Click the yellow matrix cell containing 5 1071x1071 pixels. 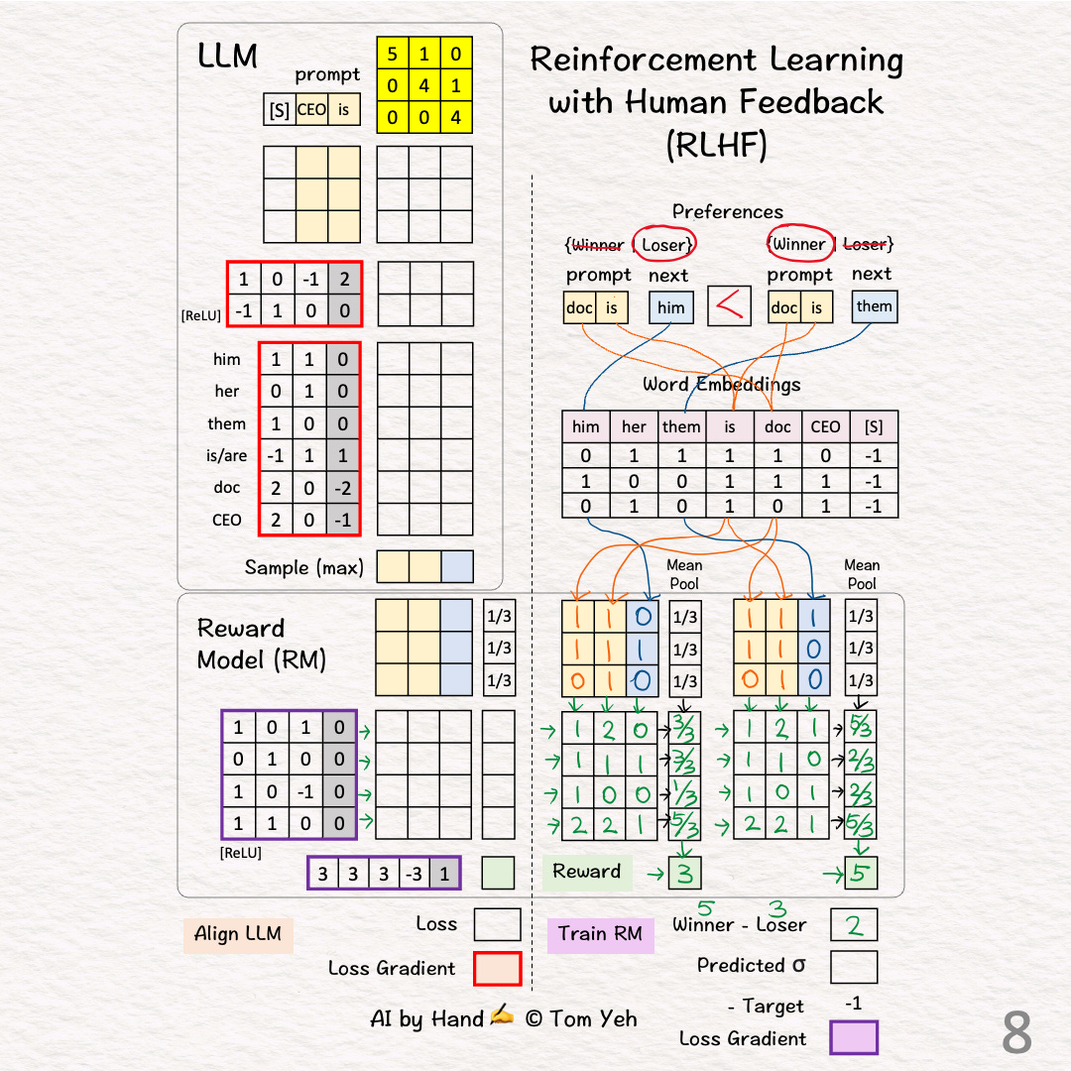[x=393, y=54]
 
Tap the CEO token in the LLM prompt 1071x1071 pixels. [x=311, y=110]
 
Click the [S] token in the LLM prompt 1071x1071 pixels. [x=280, y=110]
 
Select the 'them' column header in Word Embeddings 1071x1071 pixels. [x=681, y=427]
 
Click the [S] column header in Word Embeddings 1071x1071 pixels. [x=874, y=427]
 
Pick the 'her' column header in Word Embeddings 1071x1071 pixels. [x=634, y=427]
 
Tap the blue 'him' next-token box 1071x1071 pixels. [x=671, y=307]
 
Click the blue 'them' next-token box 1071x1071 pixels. [x=874, y=306]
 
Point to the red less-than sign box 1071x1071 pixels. [x=730, y=307]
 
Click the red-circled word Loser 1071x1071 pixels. [x=663, y=245]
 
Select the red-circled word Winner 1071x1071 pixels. [x=799, y=244]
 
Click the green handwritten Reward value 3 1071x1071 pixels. [x=683, y=874]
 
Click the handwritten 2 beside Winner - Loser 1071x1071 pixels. [x=854, y=925]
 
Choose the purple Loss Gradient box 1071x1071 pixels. [x=854, y=1038]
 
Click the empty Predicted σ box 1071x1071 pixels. [x=854, y=966]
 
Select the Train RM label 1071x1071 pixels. [x=600, y=934]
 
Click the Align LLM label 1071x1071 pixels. [x=238, y=934]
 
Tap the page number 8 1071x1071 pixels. [x=1016, y=1033]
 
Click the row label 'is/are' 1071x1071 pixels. [x=227, y=456]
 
